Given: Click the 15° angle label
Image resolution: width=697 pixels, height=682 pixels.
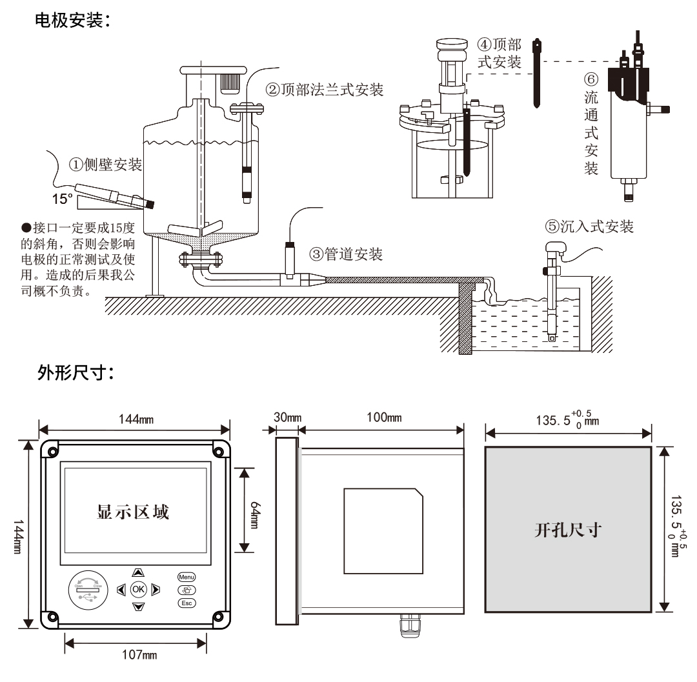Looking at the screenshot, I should point(62,199).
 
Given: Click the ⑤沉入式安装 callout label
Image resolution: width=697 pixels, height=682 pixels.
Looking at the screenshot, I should point(589,226).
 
